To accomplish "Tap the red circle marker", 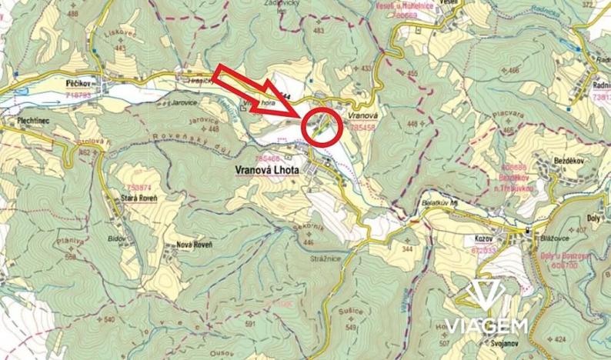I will pyautogui.click(x=322, y=127).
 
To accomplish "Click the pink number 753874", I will pyautogui.click(x=139, y=187).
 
